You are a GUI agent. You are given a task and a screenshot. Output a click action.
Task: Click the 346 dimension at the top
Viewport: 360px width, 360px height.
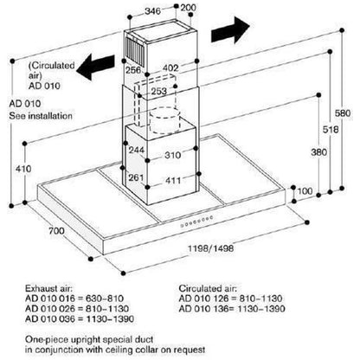click(152, 11)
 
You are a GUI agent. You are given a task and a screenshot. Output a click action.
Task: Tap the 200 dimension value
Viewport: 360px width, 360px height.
click(189, 8)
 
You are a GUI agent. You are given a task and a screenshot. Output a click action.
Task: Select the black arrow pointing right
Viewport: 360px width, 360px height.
click(230, 30)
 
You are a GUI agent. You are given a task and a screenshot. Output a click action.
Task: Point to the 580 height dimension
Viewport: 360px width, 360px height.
click(343, 112)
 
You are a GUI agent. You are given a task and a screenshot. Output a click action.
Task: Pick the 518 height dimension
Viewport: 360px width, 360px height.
click(331, 130)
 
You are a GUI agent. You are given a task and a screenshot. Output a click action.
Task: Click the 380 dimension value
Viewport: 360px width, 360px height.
click(318, 152)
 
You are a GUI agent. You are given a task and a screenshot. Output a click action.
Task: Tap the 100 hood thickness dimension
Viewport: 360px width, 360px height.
click(305, 191)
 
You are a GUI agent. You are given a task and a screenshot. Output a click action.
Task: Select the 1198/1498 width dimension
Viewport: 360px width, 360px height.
click(210, 248)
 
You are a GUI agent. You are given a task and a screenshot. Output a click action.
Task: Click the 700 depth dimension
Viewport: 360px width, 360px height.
click(56, 231)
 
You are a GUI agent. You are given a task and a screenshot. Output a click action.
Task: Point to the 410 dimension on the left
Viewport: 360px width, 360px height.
click(23, 169)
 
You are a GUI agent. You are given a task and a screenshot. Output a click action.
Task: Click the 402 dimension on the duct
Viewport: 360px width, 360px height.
click(170, 68)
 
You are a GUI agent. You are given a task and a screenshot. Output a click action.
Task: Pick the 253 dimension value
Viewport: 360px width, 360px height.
click(159, 91)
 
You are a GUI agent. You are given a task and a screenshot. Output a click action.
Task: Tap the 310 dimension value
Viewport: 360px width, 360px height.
click(173, 155)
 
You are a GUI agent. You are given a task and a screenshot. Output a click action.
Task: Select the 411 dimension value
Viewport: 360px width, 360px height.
click(173, 181)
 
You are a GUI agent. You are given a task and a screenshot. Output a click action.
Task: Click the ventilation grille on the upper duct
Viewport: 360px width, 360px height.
click(135, 48)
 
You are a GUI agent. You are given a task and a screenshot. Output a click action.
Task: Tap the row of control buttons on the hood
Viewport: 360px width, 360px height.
click(196, 222)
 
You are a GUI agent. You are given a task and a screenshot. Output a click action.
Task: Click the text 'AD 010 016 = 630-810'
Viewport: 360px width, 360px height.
click(74, 299)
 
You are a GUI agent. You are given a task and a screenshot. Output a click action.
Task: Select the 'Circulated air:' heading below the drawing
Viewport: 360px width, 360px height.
click(208, 288)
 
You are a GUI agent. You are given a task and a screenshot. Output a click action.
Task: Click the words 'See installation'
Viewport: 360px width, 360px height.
click(41, 116)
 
